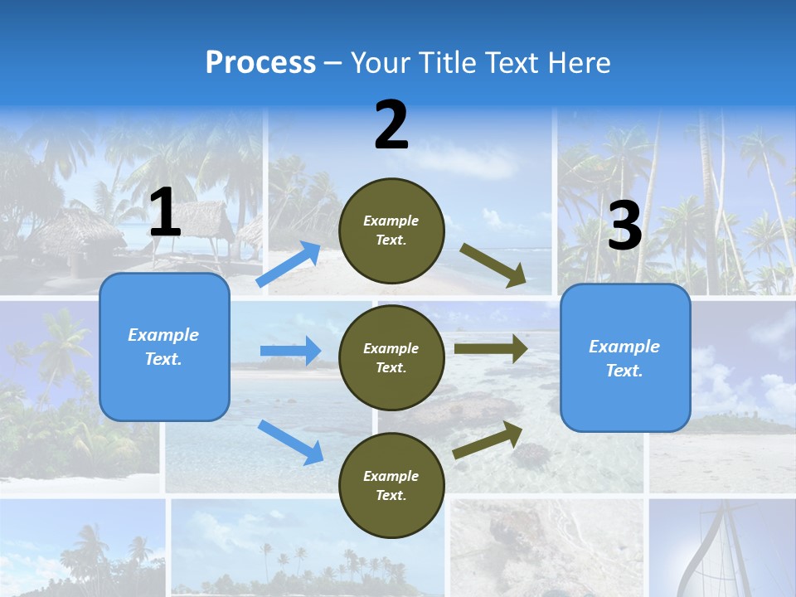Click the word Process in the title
260,63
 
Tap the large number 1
165,213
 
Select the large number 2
391,125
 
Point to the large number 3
624,226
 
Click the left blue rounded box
164,347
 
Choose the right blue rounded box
624,357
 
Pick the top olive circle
391,231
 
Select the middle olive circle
391,357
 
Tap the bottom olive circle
391,485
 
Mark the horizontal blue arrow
290,351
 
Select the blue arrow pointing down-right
290,442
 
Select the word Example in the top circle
391,221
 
